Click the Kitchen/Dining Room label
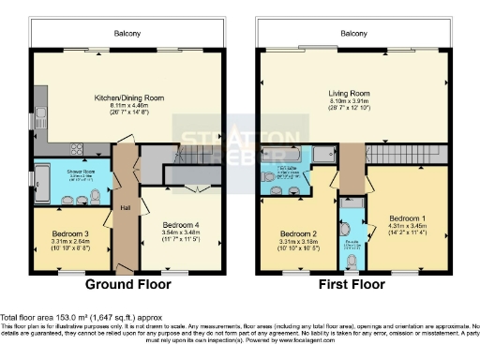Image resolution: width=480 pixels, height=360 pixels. point(127,97)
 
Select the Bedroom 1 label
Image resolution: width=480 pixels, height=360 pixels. point(407,215)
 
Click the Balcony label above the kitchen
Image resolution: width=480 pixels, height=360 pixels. point(128,33)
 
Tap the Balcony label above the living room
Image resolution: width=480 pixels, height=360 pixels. point(353,33)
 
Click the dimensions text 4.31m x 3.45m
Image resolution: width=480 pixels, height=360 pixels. point(407,225)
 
